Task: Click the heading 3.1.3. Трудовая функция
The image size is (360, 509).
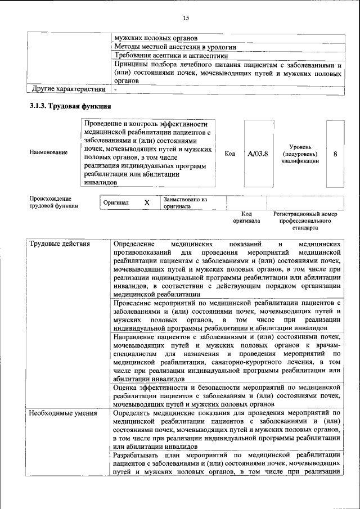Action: (70, 106)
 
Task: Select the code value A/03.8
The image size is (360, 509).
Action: (258, 153)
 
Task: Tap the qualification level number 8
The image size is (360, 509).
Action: (335, 153)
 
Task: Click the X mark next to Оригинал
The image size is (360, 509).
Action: (146, 202)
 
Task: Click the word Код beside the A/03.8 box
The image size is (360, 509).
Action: (229, 153)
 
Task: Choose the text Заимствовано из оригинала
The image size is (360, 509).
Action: (185, 202)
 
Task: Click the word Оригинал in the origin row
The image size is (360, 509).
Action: (116, 202)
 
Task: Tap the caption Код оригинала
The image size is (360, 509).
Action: (246, 217)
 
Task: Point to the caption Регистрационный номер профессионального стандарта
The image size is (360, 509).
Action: (305, 220)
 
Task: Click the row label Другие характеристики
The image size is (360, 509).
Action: (69, 89)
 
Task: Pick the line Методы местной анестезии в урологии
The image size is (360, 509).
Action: (175, 47)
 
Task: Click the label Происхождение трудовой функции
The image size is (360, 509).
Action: (54, 202)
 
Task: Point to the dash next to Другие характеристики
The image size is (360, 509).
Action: (115, 89)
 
